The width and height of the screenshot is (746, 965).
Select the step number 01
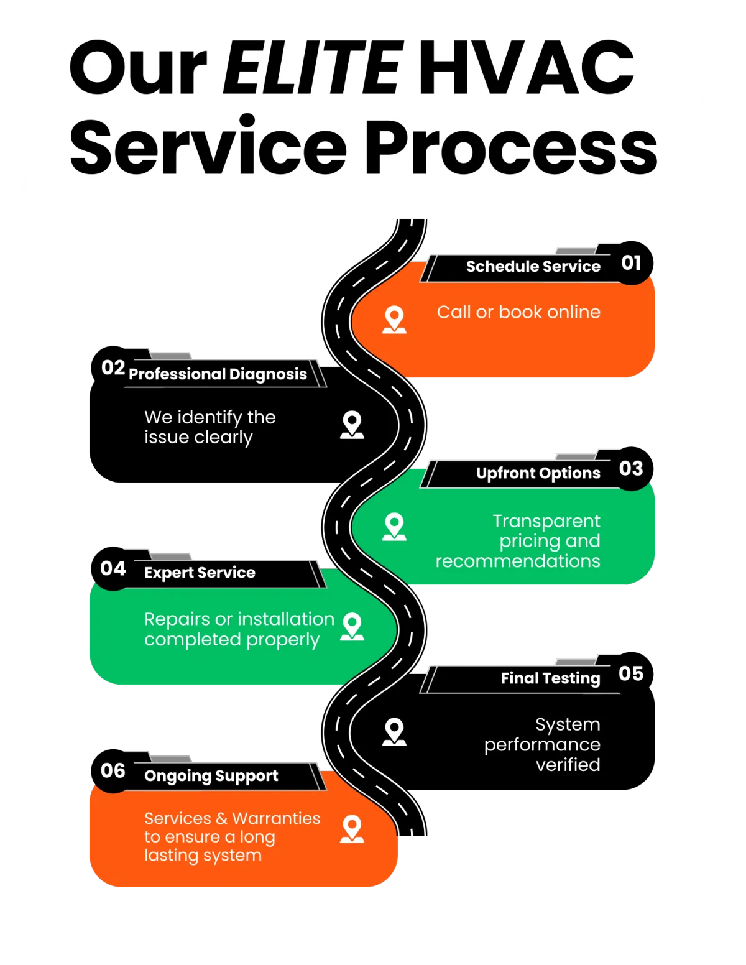[631, 263]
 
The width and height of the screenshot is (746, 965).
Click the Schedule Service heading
[533, 267]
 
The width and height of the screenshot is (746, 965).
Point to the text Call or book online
[518, 312]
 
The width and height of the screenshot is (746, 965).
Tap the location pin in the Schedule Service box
[394, 319]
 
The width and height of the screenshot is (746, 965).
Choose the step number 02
[113, 367]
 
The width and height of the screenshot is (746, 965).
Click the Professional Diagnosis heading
[218, 374]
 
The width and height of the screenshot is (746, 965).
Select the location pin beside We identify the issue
[352, 425]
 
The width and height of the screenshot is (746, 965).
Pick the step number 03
[631, 468]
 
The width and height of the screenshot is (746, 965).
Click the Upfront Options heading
[538, 473]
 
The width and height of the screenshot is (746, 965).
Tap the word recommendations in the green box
[517, 561]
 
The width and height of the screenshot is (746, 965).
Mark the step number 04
[113, 568]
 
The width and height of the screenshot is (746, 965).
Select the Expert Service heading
[200, 573]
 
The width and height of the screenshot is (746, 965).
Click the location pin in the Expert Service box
[352, 626]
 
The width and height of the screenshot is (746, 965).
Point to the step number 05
[631, 673]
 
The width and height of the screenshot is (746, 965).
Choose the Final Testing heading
[550, 678]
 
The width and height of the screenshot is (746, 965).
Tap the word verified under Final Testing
[568, 765]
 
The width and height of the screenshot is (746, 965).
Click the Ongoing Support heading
[211, 776]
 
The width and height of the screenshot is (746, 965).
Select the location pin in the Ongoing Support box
[352, 829]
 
